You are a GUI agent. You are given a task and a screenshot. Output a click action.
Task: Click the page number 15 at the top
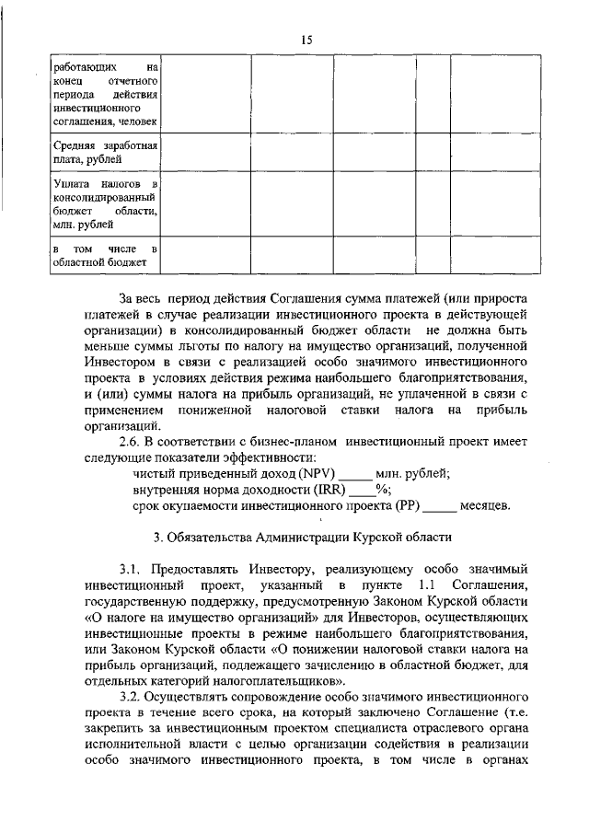tap(306, 39)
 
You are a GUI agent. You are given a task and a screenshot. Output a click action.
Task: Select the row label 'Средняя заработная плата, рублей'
tap(107, 153)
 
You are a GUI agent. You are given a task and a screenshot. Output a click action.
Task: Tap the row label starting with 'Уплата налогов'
tap(107, 203)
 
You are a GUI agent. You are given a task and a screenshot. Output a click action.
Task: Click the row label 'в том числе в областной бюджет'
tap(107, 256)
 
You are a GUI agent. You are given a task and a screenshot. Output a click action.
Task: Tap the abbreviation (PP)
tap(408, 505)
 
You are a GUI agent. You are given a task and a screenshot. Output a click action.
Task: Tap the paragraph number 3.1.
tap(133, 570)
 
